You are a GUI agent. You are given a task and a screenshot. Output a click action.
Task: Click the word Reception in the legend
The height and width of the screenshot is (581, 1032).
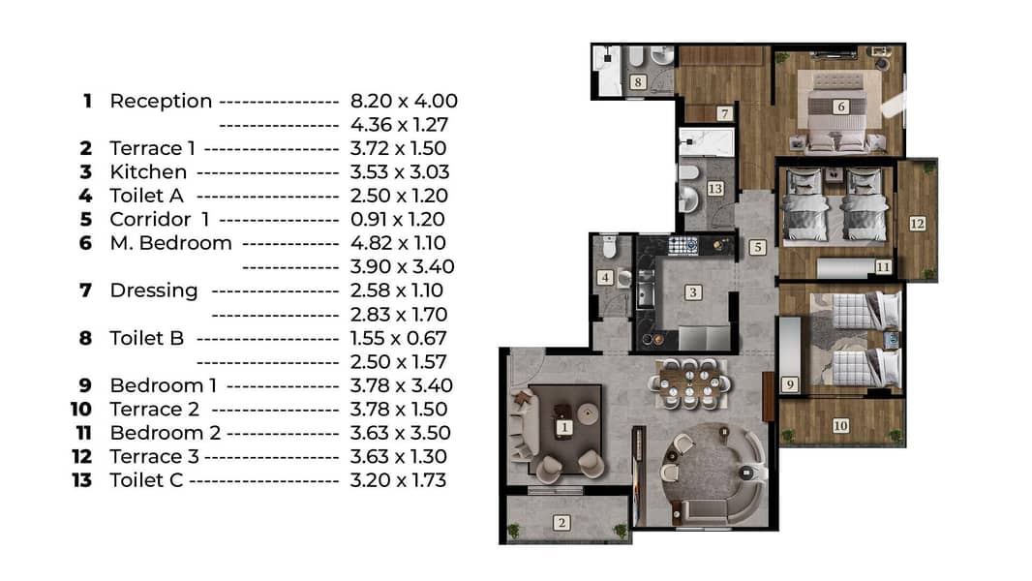coord(161,102)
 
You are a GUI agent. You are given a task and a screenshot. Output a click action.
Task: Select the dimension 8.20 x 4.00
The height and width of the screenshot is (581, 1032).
coord(404,102)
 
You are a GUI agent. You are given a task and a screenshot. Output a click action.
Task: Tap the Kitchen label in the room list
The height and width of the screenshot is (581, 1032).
coord(148,172)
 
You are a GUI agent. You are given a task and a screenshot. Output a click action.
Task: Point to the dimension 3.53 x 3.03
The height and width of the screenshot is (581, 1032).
coord(400,172)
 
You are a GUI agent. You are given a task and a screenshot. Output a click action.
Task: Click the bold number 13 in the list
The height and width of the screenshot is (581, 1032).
coord(82,480)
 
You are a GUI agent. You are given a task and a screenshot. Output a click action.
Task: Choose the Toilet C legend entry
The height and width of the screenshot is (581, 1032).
coord(146,480)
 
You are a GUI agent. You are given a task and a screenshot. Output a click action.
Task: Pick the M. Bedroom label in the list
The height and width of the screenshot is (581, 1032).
coord(170,243)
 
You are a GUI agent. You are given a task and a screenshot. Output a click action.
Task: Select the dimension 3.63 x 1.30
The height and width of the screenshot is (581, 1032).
coord(398,457)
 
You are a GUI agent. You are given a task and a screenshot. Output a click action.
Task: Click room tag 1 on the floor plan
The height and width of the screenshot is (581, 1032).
coord(564,427)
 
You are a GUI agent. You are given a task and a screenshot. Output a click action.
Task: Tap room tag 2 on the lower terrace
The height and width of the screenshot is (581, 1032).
coord(562,523)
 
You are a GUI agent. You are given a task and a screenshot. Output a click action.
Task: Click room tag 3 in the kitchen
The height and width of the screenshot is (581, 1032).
coord(692,292)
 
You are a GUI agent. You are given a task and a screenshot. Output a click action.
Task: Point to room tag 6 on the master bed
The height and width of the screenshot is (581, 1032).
coord(840,107)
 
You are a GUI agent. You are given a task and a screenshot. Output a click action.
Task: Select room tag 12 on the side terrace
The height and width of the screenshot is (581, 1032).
coord(917,224)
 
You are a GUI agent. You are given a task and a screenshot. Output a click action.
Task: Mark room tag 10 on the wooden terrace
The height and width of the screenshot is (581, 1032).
coord(840,426)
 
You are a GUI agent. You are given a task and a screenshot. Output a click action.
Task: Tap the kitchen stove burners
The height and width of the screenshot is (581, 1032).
coord(683,245)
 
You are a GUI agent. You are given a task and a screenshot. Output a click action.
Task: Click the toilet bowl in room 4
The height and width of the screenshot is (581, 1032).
coord(610,247)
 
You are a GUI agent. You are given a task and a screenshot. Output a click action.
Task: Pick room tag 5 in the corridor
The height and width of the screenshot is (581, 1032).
coord(758,247)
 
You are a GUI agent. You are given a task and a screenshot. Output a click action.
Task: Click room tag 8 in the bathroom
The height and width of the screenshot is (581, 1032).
coord(637,82)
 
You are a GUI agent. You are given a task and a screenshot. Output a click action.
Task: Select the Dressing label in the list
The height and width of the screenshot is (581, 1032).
coord(153,290)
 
